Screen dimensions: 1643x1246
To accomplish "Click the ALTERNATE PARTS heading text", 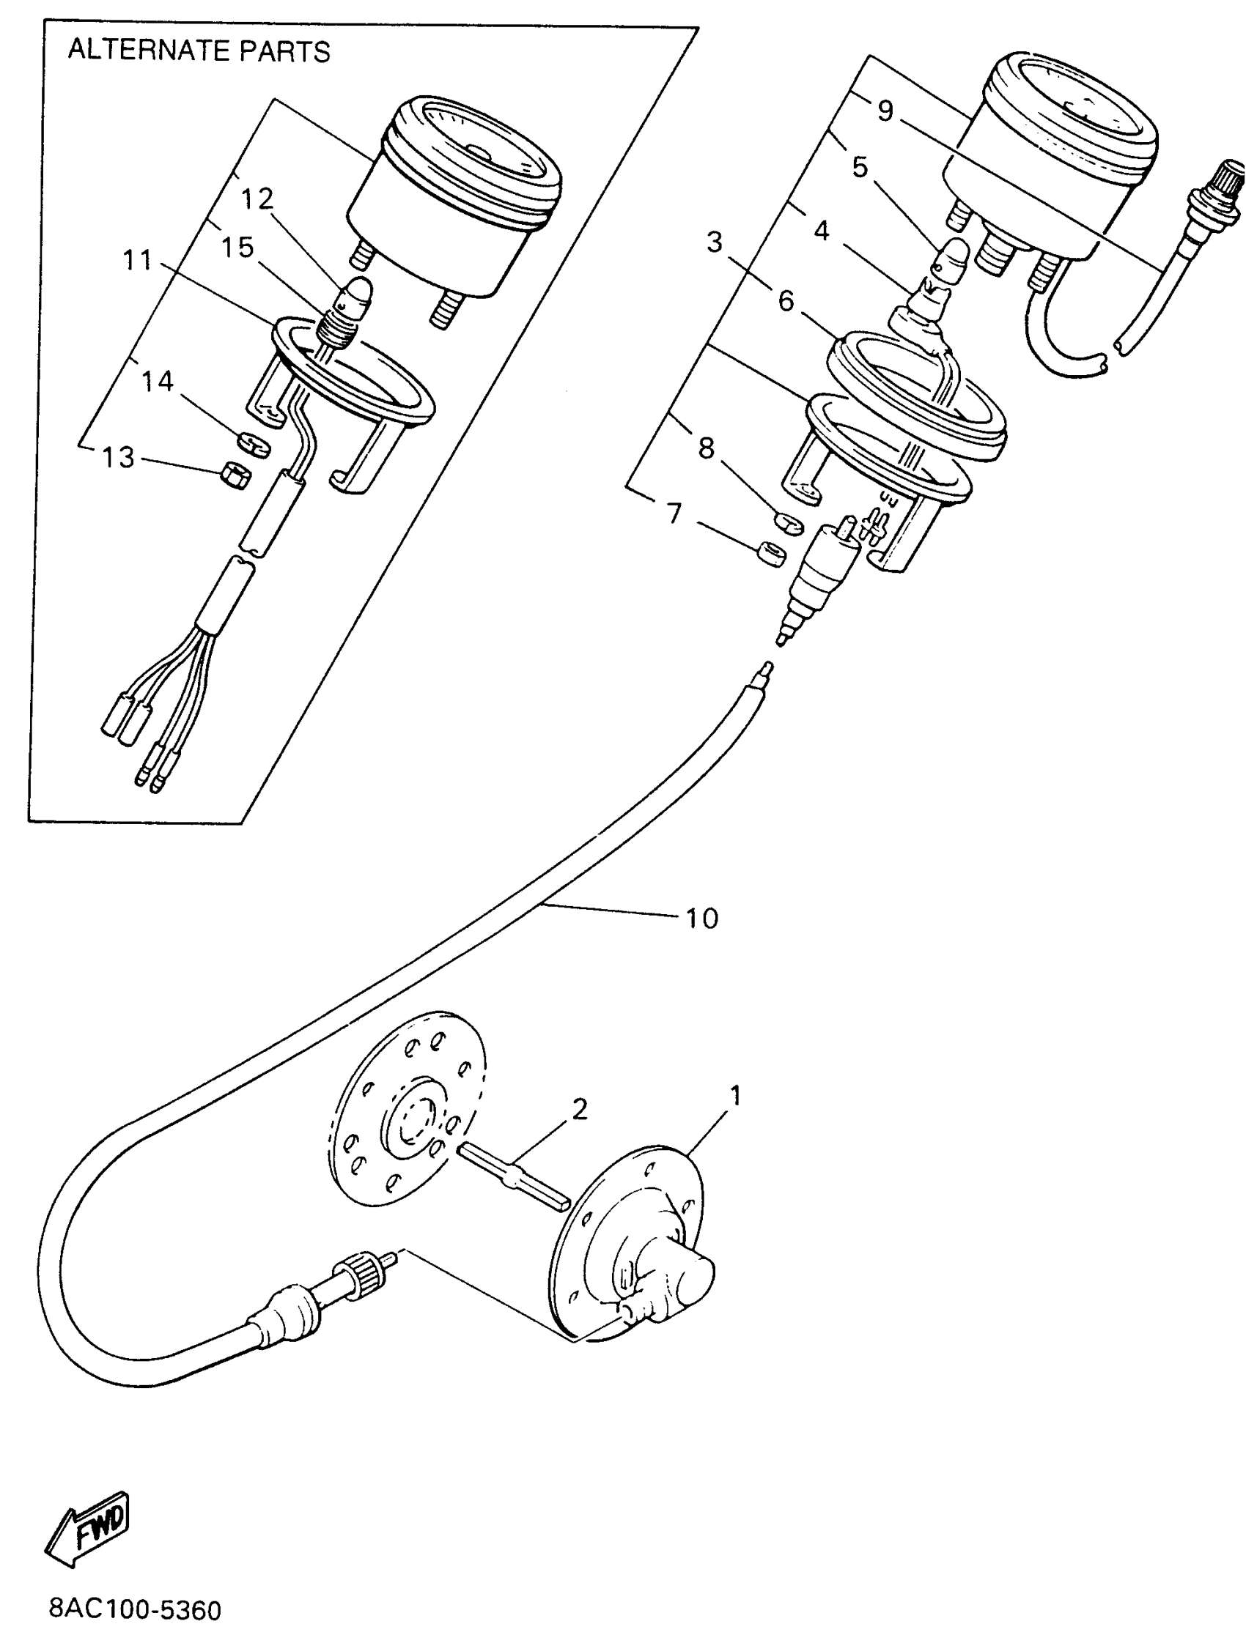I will [x=199, y=51].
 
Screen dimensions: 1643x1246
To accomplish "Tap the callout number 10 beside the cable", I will [x=701, y=919].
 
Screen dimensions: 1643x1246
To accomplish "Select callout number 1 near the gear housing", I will [x=735, y=1095].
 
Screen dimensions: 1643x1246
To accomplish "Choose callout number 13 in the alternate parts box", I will [x=118, y=457].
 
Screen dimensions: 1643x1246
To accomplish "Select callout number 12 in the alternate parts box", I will [x=257, y=199].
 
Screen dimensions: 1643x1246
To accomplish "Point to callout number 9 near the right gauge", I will [x=885, y=111].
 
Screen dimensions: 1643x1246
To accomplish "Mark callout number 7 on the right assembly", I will [x=674, y=513].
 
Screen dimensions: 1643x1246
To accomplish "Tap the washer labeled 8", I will [x=789, y=522].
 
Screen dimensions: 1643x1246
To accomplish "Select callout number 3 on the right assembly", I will [x=714, y=242].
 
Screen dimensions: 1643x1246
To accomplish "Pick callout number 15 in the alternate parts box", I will [x=237, y=248].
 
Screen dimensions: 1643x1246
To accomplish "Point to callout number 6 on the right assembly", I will [x=786, y=301].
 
